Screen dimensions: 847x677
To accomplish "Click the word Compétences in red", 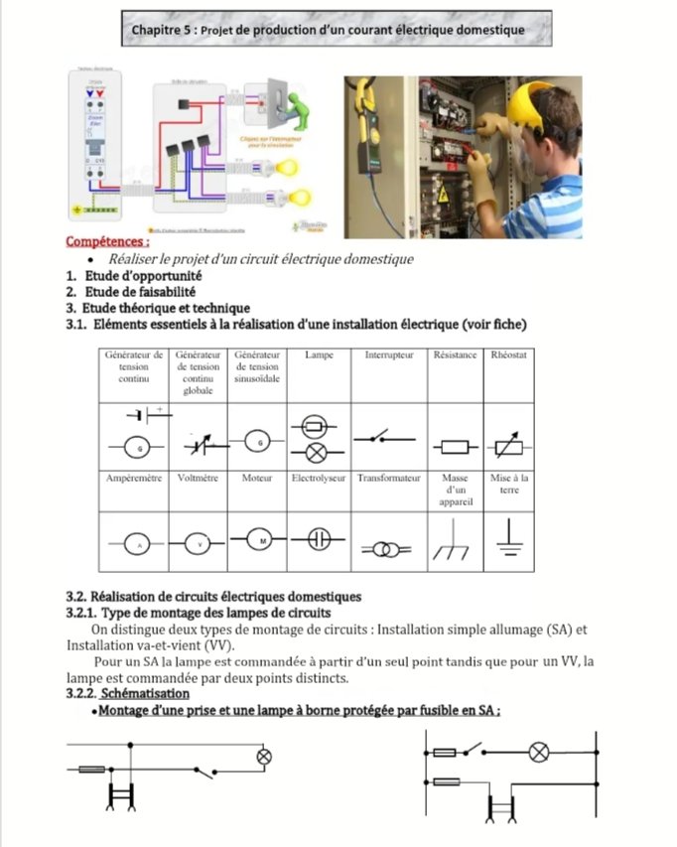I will [x=107, y=241].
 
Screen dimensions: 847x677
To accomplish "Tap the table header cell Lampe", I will [x=319, y=355].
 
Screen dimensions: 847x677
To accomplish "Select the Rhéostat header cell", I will [x=508, y=355].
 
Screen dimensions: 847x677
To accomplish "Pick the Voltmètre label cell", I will [x=198, y=479].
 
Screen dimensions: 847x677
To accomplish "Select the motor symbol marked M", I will [x=257, y=540].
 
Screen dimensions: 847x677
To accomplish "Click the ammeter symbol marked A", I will [x=134, y=545].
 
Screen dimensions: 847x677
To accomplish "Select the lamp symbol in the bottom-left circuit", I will [x=264, y=757].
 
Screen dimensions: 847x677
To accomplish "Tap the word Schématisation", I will [x=146, y=692].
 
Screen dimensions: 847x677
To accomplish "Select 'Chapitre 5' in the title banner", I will [x=163, y=30].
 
